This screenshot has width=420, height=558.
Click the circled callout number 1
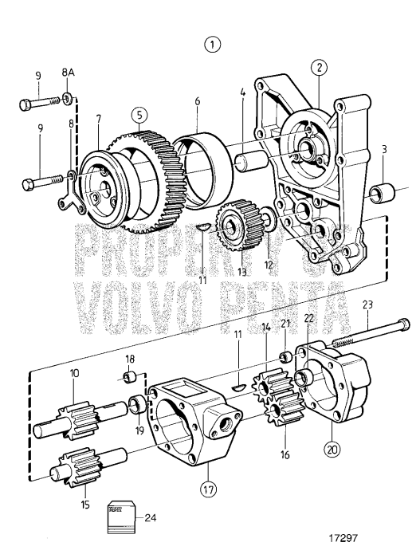212,45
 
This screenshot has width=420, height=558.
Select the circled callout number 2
318,69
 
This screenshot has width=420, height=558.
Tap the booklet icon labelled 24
119,520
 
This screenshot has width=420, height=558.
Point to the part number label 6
198,102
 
